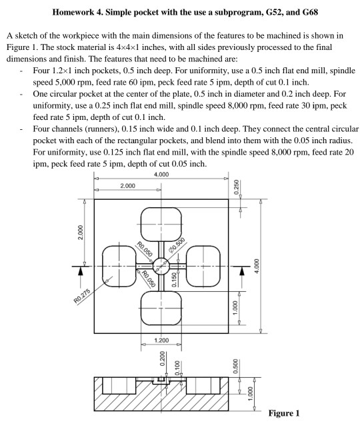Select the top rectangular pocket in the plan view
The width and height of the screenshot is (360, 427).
(161, 226)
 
